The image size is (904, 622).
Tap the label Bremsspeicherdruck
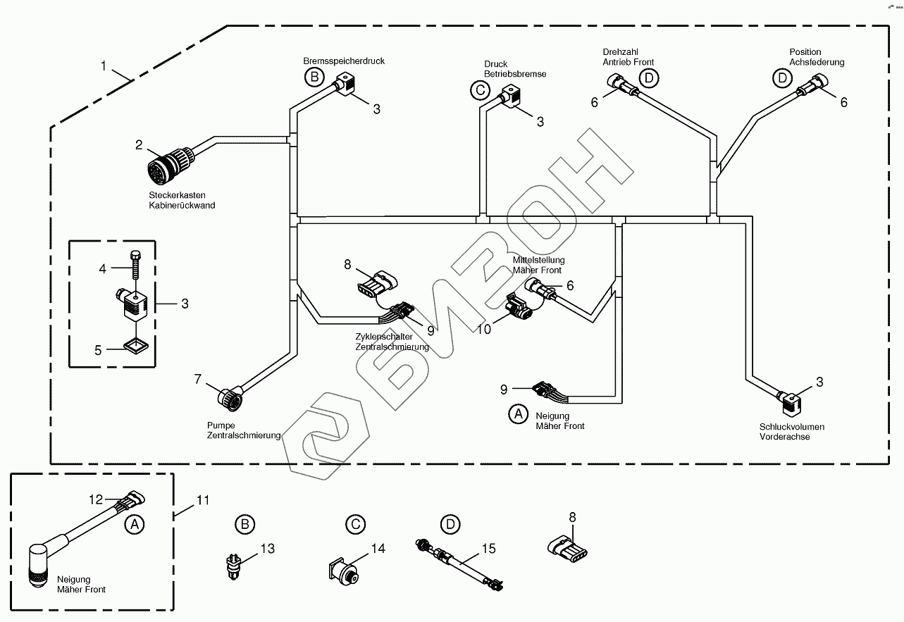pos(344,61)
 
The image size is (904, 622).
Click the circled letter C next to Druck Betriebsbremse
pos(481,90)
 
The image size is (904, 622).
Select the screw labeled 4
pos(135,265)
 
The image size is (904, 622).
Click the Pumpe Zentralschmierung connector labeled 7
pos(230,397)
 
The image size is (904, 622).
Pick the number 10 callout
pos(484,330)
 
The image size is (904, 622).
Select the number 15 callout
pos(489,549)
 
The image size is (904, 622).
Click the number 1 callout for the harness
pos(104,66)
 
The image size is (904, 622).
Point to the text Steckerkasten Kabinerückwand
pos(182,200)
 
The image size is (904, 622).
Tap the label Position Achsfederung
pos(817,57)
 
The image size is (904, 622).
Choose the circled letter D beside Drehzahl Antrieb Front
pos(649,78)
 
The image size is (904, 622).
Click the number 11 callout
pos(203,501)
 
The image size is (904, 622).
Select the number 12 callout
pos(96,499)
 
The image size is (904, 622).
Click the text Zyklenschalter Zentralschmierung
pos(392,342)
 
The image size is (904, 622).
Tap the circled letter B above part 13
pos(245,524)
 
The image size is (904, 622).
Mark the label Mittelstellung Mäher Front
pos(539,265)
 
